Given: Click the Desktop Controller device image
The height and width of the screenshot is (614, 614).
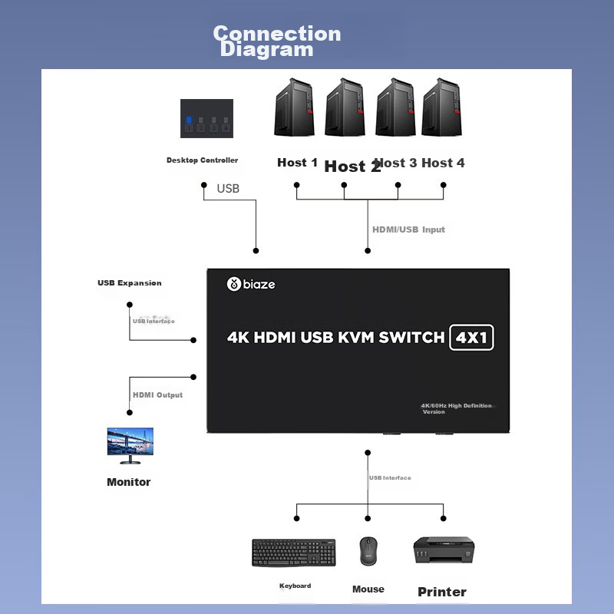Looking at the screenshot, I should click(x=206, y=119).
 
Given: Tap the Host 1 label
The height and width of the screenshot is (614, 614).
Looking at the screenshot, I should click(x=297, y=163).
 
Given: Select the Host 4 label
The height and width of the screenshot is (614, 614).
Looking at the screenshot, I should click(x=443, y=163).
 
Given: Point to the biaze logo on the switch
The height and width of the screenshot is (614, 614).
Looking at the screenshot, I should click(x=251, y=285).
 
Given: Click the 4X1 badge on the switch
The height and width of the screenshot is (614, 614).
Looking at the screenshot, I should click(x=472, y=338).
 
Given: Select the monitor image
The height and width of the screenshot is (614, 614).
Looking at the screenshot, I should click(x=130, y=445).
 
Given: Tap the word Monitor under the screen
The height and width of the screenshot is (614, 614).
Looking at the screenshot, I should click(x=129, y=482).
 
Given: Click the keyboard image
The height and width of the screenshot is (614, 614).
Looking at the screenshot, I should click(x=293, y=553).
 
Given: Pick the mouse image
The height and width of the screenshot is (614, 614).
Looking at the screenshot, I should click(x=368, y=550).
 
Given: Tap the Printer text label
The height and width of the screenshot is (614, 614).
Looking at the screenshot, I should click(x=442, y=592).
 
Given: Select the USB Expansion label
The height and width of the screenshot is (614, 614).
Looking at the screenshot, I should click(x=130, y=283).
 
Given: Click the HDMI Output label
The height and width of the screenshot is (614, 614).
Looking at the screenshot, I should click(x=158, y=394).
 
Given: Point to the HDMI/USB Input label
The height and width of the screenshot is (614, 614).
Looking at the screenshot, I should click(x=408, y=229).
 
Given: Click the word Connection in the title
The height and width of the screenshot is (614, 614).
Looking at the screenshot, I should click(x=277, y=34).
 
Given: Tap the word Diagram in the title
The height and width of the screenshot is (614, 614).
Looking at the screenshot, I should click(x=266, y=50).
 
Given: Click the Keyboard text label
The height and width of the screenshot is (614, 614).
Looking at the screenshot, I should click(x=295, y=586).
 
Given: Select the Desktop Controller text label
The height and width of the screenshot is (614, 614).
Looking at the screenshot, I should click(x=203, y=160).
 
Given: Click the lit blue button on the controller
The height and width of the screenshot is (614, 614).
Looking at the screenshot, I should click(x=188, y=120).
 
